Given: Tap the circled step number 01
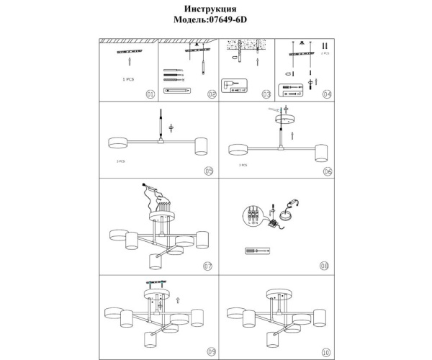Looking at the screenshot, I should tap(150, 94).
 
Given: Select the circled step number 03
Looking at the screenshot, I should tap(266, 94).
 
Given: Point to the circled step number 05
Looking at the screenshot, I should tap(209, 171).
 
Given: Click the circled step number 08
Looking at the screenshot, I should tap(324, 265).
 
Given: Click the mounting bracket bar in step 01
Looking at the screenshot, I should tap(130, 53).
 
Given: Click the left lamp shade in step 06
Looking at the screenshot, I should tap(238, 150).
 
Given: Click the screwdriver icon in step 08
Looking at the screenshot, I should tap(256, 251).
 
